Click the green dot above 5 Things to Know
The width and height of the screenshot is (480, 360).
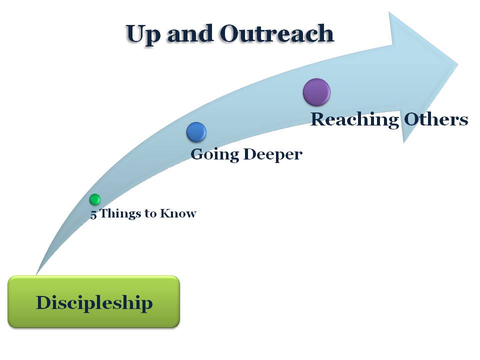click(x=95, y=199)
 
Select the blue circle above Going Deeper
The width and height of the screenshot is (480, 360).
click(x=196, y=132)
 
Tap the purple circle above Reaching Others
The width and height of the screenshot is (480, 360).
click(x=316, y=92)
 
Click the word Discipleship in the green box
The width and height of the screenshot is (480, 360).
click(x=94, y=302)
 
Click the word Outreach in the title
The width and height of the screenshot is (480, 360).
click(x=276, y=34)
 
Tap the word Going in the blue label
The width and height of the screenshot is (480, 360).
click(x=214, y=154)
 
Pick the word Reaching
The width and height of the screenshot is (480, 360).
click(x=354, y=120)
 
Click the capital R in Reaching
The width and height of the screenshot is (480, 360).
click(x=318, y=119)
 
